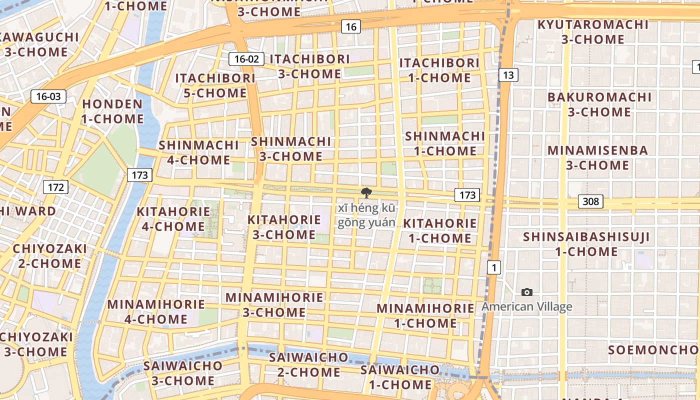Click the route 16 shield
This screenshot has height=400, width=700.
click(351, 26)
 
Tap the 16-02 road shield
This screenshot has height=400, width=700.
click(246, 59)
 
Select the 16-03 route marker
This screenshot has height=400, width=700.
click(48, 96)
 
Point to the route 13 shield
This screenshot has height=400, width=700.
click(508, 75)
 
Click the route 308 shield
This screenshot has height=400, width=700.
click(590, 201)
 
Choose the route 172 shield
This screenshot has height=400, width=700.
click(55, 187)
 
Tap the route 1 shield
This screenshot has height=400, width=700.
click(494, 267)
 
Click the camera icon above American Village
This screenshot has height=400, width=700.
click(526, 292)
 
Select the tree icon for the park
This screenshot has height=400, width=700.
click(366, 193)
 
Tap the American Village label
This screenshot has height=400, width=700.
click(526, 306)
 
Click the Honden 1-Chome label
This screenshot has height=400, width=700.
click(112, 111)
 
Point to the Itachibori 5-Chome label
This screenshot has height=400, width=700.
click(215, 85)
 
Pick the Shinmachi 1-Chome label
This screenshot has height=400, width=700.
click(444, 143)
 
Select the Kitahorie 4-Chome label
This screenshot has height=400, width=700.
click(173, 219)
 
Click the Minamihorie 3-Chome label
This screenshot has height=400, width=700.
click(274, 304)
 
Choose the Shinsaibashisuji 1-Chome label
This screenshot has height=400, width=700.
click(586, 244)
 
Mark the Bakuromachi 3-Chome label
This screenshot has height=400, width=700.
click(599, 104)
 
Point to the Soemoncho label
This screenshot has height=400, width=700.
click(653, 349)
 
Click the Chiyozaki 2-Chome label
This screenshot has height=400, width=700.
click(49, 256)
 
